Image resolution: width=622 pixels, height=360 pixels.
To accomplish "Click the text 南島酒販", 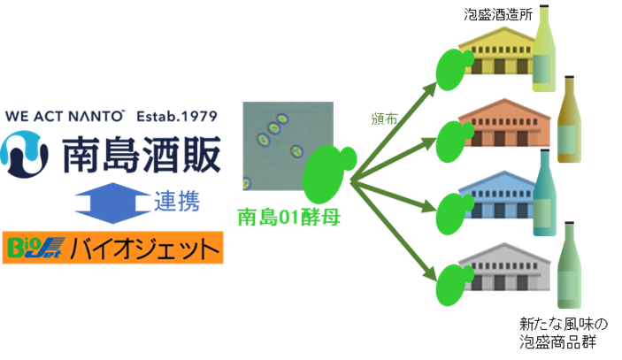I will pyautogui.click(x=140, y=153).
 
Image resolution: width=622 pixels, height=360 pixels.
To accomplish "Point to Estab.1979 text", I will pyautogui.click(x=175, y=117).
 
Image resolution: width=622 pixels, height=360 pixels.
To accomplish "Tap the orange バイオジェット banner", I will pyautogui.click(x=112, y=249).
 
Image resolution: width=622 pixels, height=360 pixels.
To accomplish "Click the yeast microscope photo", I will pyautogui.click(x=288, y=144).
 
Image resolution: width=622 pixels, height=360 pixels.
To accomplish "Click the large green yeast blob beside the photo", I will pyautogui.click(x=326, y=172).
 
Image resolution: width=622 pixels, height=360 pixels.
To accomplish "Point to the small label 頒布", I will pyautogui.click(x=383, y=118).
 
